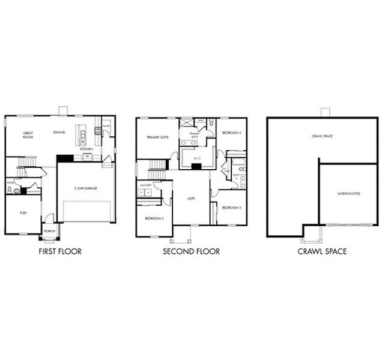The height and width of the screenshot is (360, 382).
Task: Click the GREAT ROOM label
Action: (28, 134)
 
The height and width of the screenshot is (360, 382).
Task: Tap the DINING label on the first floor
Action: (59, 132)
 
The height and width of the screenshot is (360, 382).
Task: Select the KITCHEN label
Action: (86, 149)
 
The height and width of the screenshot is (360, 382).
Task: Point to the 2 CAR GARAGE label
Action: (85, 188)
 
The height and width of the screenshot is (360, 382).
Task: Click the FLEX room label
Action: (23, 212)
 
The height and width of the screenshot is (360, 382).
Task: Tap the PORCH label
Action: (49, 230)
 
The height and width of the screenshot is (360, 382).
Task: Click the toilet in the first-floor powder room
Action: (11, 190)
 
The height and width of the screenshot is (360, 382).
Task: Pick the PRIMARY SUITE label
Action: (157, 137)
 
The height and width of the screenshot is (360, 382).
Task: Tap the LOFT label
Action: (191, 197)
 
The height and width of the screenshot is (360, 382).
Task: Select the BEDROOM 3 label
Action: (231, 207)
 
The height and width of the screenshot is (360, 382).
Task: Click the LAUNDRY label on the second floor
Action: (145, 185)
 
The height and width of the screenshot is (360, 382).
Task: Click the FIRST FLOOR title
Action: (59, 251)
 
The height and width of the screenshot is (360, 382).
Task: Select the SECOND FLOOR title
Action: (191, 251)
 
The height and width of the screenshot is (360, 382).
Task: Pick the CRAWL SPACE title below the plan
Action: (322, 251)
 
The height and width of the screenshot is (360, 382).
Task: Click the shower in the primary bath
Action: (187, 124)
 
